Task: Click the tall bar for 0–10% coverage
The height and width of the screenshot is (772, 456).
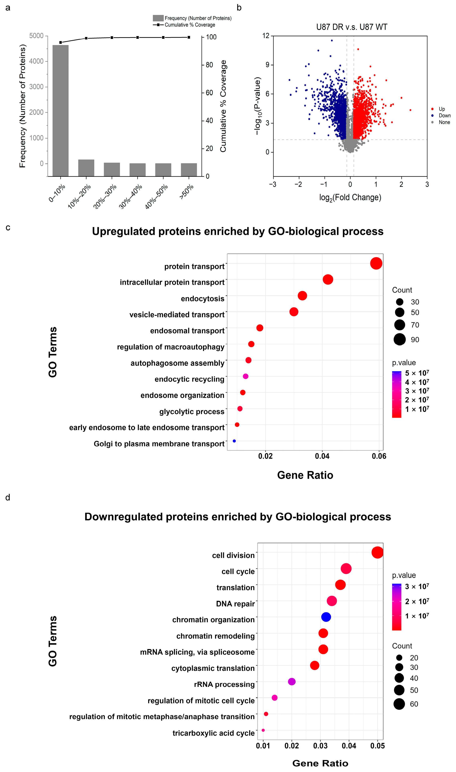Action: [x=61, y=111]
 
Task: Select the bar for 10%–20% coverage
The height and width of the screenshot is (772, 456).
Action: [x=86, y=168]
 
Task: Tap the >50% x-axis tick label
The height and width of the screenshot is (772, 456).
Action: [x=187, y=191]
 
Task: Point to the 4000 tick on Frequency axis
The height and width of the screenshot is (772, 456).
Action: [x=36, y=61]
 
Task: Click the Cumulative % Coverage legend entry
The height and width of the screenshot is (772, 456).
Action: [x=189, y=25]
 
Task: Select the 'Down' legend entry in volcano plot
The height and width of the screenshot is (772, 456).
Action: [x=444, y=116]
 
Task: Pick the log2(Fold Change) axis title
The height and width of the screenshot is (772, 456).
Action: [x=350, y=197]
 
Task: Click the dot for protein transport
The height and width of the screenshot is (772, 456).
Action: [x=376, y=263]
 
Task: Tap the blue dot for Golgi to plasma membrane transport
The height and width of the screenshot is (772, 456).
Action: [x=234, y=441]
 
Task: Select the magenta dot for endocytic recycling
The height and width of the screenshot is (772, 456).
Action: [x=246, y=376]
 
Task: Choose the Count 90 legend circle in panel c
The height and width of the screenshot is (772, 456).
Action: [x=399, y=339]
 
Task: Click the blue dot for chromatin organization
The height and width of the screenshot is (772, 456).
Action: [x=326, y=617]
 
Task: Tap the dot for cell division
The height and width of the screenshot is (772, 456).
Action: [x=377, y=552]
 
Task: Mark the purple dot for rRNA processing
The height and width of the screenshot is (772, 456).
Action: [x=292, y=682]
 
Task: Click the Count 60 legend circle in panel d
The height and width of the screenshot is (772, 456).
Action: [x=399, y=704]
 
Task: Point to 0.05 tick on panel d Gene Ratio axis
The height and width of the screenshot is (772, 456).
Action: [x=377, y=746]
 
